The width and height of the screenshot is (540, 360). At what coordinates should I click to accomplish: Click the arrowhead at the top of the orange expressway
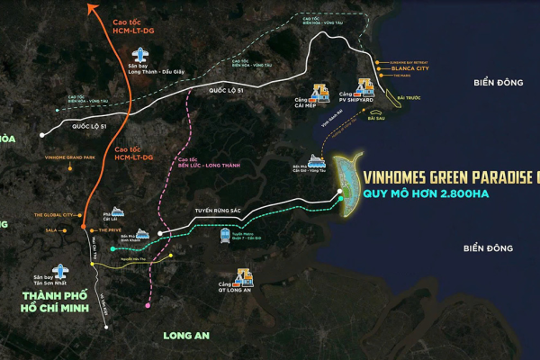(x=92, y=8)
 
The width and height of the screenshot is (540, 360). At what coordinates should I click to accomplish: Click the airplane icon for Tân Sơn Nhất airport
(x=60, y=271)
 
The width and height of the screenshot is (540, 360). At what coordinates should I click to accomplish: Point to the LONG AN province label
(x=186, y=336)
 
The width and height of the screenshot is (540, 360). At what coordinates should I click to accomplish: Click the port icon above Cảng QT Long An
(x=244, y=276)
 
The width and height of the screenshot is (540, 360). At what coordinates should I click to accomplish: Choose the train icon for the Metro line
(x=226, y=237)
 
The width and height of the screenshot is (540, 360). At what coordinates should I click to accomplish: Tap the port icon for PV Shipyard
(x=364, y=87)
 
